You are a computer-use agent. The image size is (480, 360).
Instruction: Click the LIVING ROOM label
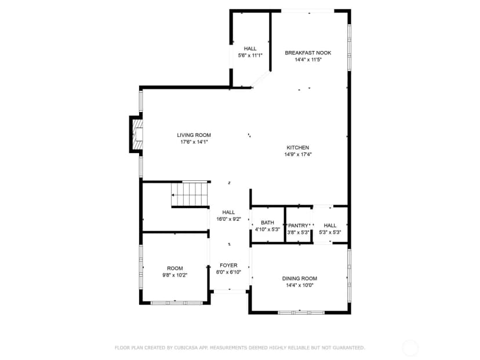pos(194,135)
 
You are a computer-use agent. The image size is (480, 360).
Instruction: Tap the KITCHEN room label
pos(298,148)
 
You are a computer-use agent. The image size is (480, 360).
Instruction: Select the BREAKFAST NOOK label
pos(308,53)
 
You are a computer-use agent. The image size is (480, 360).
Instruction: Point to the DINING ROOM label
pos(299,279)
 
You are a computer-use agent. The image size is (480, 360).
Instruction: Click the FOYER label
pos(228,266)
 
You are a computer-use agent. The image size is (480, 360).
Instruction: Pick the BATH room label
pos(267,223)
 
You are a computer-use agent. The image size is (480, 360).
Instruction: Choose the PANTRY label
pos(298,226)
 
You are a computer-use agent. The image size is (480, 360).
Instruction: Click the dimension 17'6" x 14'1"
pos(194,142)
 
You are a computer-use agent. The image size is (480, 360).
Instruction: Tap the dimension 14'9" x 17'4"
pos(298,155)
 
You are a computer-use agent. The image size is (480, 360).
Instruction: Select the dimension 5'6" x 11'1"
pos(250,56)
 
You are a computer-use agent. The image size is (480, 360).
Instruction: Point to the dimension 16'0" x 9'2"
pos(228,219)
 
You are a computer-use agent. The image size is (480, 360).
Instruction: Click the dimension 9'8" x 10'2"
pos(175,275)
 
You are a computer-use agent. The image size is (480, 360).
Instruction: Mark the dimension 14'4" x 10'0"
pos(299,286)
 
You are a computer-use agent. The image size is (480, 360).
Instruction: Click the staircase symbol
pos(190,195)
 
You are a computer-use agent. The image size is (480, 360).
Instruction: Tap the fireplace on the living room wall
pos(136,134)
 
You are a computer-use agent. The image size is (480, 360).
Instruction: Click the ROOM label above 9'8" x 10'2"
pos(175,268)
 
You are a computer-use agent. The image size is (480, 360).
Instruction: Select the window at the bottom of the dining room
pos(301,312)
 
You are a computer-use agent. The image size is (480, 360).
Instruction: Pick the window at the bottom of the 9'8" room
pos(177,303)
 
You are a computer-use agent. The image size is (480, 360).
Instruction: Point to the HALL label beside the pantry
pos(330,226)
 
